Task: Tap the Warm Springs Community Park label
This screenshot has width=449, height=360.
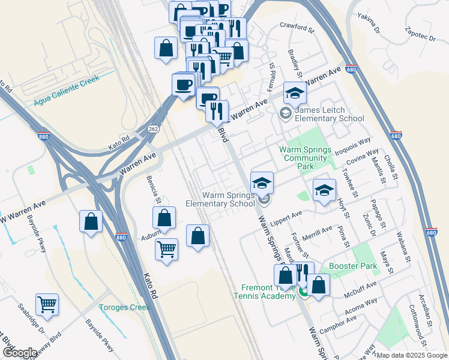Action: [305, 157]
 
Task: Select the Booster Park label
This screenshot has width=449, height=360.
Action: [353, 266]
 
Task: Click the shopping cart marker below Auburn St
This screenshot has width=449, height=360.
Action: [166, 248]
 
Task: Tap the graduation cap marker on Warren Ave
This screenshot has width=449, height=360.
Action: [295, 92]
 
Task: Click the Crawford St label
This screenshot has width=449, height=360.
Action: [297, 28]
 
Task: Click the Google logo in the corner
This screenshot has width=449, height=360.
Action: [20, 353]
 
